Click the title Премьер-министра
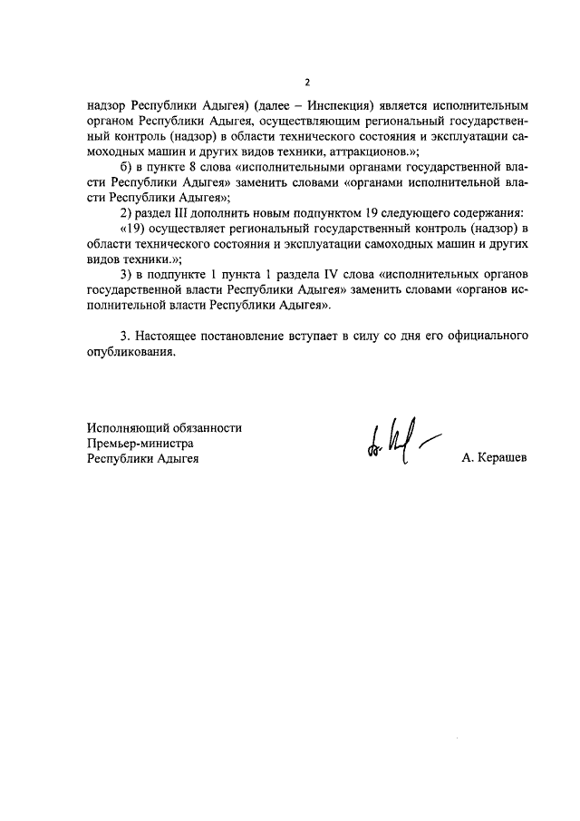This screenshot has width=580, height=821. (140, 443)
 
